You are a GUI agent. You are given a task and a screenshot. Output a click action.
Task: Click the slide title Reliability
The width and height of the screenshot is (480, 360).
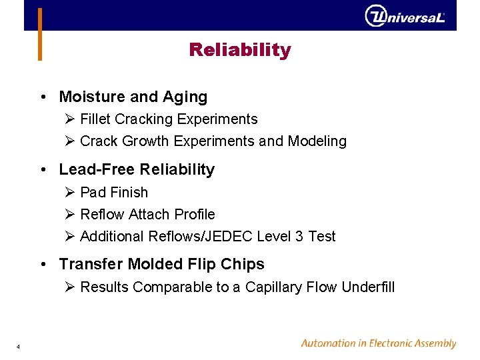point(240,50)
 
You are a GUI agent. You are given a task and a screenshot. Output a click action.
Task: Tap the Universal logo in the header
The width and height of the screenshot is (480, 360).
point(405,16)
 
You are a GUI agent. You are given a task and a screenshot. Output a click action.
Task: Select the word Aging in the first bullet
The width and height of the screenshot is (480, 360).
point(186,97)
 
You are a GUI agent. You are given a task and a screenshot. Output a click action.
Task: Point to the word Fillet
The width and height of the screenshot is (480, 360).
point(95,119)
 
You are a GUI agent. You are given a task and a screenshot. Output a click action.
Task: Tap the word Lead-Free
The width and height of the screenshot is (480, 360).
point(88,170)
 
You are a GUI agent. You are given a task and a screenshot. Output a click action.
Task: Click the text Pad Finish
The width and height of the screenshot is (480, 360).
point(114,193)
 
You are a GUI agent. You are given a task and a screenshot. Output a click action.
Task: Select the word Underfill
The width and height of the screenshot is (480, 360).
point(368,287)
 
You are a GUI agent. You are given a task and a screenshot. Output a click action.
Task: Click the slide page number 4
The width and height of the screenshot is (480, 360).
point(18,347)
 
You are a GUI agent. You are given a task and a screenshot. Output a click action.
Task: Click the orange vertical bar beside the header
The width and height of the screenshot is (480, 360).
point(40,33)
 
